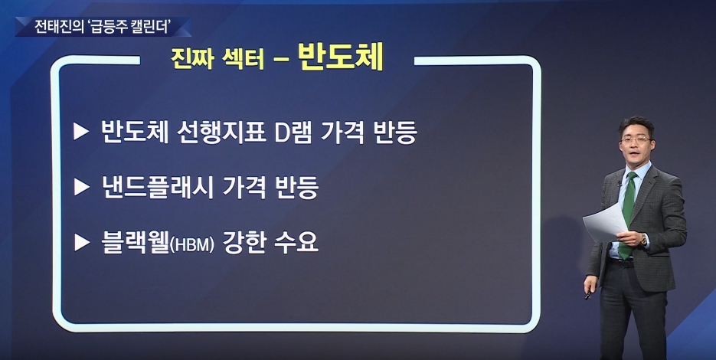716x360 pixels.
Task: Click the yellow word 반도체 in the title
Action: click(x=340, y=56)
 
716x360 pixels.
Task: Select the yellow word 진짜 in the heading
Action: click(x=192, y=58)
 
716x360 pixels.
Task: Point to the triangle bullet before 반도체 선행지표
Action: click(x=81, y=132)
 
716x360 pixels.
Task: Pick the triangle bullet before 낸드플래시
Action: click(x=81, y=187)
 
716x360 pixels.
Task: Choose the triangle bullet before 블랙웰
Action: click(x=81, y=242)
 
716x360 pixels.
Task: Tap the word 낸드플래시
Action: click(x=158, y=188)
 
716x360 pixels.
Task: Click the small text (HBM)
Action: click(x=191, y=245)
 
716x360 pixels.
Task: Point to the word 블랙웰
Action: click(x=135, y=243)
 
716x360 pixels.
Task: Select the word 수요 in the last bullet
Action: click(x=296, y=243)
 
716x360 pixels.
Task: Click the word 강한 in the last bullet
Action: click(x=244, y=243)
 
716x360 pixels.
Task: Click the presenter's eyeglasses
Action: click(x=636, y=140)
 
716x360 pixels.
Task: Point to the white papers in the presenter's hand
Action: click(x=605, y=222)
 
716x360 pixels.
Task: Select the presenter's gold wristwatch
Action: click(x=643, y=240)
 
